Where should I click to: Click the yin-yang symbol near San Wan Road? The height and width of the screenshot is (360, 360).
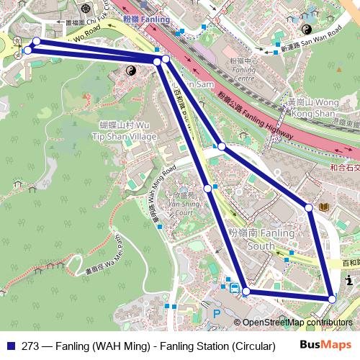[x=306, y=30]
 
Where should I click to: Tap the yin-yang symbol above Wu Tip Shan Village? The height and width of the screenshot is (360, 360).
[x=132, y=71]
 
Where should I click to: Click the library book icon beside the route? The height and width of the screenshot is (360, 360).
[x=324, y=208]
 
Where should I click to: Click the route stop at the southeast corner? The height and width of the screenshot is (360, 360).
[x=332, y=298]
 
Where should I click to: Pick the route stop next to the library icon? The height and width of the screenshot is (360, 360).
[x=309, y=207]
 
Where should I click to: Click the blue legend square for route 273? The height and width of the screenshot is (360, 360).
[x=10, y=345]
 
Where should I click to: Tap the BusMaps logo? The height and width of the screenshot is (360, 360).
[x=325, y=345]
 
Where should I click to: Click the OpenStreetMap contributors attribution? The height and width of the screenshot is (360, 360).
[x=297, y=323]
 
